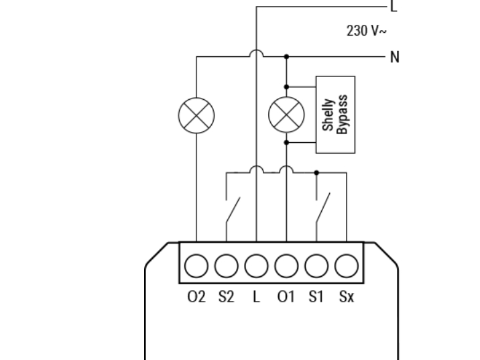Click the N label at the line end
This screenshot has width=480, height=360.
click(395, 57)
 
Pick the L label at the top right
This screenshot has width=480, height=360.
click(394, 7)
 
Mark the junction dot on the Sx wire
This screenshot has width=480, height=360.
click(316, 172)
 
